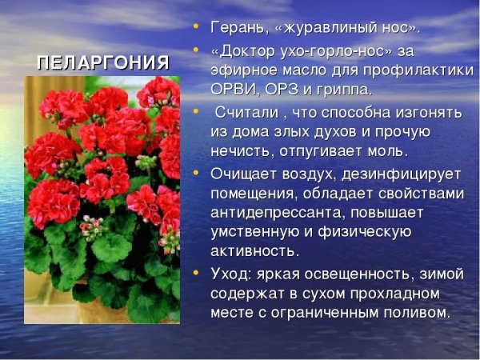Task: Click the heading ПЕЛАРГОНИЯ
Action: coord(104,63)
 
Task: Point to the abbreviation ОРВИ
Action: coord(232,89)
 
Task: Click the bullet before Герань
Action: coord(196,28)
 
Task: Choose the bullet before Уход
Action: coord(196,274)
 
